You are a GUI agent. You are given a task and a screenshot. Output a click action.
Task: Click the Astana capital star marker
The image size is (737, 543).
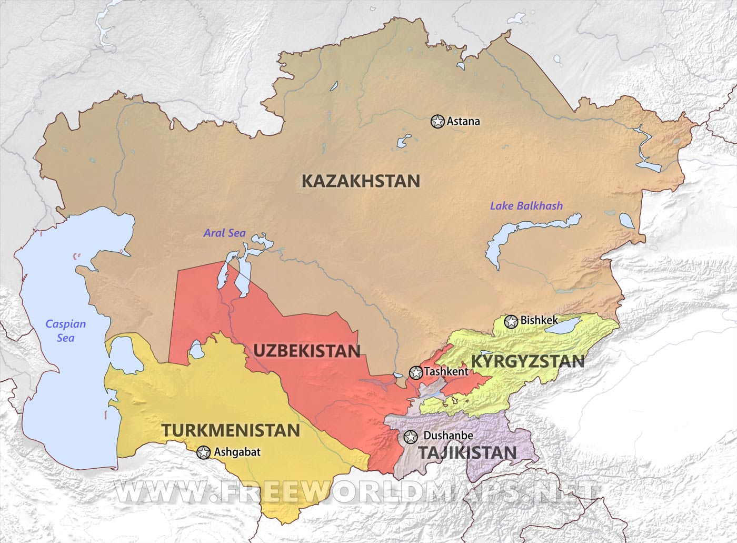(x=437, y=122)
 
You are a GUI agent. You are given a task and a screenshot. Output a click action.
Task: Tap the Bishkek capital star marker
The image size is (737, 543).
(x=511, y=321)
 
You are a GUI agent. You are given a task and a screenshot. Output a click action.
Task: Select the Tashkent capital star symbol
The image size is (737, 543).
(x=416, y=373)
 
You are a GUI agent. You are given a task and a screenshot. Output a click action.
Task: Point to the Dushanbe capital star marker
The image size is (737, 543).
(x=410, y=437)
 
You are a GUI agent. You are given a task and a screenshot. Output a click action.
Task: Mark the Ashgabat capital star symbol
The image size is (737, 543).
(x=203, y=452)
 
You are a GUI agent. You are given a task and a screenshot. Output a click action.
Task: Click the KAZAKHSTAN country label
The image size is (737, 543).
(x=361, y=181)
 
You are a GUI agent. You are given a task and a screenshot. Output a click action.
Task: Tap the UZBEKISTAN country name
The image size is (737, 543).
(x=307, y=351)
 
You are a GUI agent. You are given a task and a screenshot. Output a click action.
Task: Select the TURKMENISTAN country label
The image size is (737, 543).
(x=231, y=430)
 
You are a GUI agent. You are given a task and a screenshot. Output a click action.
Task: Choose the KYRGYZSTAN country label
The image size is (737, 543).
(x=527, y=361)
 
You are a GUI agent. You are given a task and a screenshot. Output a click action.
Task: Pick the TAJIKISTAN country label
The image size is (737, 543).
(x=467, y=452)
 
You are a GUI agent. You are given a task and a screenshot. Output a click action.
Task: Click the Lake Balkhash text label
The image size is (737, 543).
(x=526, y=206)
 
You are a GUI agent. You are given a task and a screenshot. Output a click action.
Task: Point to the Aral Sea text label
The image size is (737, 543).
(x=225, y=233)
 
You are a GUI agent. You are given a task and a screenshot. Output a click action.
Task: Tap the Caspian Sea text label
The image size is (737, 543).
(x=65, y=331)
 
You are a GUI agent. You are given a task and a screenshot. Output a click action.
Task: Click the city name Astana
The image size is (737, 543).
(x=463, y=122)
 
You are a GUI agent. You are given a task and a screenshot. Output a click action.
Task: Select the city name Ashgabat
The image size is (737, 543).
(x=237, y=452)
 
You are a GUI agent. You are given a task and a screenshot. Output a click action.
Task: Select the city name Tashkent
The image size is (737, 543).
(x=446, y=372)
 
